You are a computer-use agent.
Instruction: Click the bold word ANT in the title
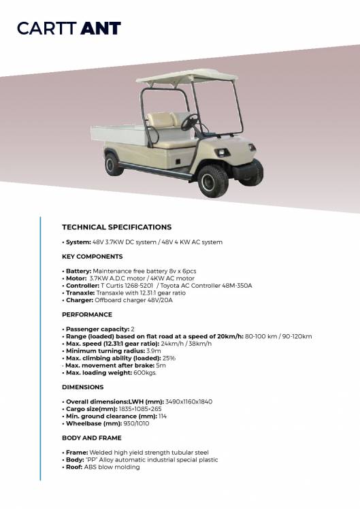pyautogui.click(x=101, y=29)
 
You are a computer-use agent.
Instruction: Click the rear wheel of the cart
pyautogui.click(x=113, y=164)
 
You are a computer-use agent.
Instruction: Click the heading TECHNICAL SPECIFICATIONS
pyautogui.click(x=116, y=227)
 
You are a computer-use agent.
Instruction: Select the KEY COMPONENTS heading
pyautogui.click(x=93, y=257)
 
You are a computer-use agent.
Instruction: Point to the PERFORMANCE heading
pyautogui.click(x=87, y=315)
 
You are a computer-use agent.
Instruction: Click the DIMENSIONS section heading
pyautogui.click(x=83, y=387)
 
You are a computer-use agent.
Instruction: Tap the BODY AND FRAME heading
pyautogui.click(x=93, y=438)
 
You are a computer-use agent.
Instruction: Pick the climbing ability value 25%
pyautogui.click(x=169, y=358)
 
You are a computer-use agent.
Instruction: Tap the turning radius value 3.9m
pyautogui.click(x=144, y=350)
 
